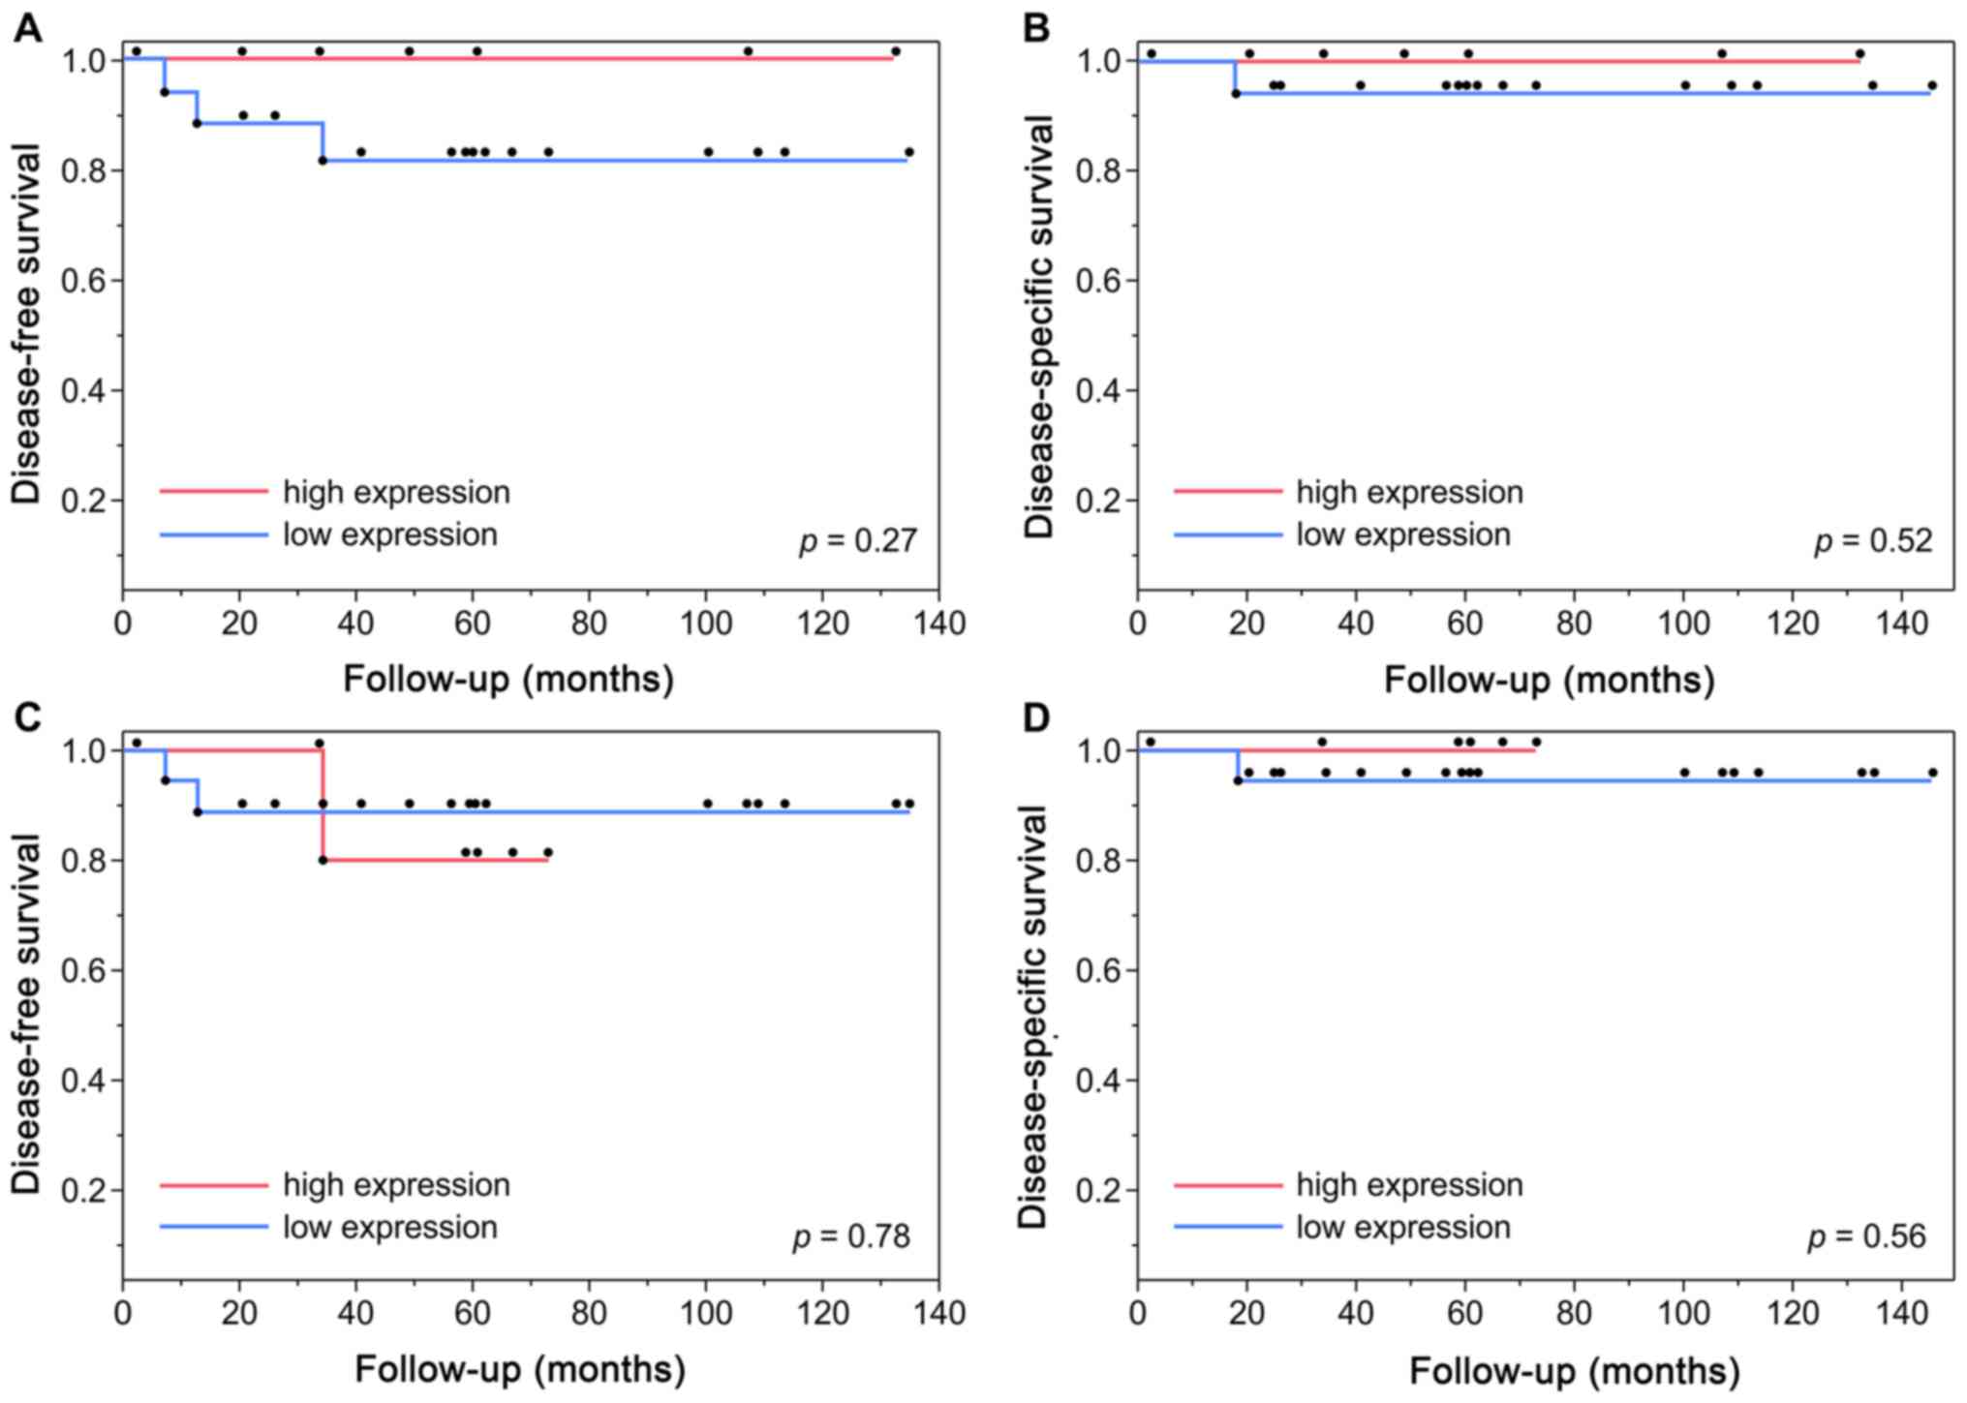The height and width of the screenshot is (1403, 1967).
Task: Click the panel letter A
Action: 28,28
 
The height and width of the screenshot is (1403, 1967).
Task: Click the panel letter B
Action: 1036,28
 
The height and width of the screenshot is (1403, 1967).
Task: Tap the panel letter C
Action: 28,717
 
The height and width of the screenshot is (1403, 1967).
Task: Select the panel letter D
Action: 1036,717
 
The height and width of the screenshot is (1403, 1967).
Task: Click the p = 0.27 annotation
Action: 858,540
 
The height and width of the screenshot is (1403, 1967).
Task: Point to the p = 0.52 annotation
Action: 1873,540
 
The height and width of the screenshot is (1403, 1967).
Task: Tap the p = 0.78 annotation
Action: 852,1236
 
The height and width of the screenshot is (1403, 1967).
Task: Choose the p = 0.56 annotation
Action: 1867,1236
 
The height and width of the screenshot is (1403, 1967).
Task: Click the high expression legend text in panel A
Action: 396,492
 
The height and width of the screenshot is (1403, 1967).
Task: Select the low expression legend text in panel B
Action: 1403,534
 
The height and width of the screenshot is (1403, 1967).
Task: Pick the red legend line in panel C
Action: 213,1185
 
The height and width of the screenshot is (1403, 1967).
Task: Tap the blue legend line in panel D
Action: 1228,1227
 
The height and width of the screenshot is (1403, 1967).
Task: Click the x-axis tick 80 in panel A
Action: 589,623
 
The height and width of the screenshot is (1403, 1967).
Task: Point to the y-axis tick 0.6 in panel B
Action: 1101,281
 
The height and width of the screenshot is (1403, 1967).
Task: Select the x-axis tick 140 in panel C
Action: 938,1313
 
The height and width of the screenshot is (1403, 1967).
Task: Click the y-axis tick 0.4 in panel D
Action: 1101,1080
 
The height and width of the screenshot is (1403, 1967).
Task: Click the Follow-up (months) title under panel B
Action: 1549,680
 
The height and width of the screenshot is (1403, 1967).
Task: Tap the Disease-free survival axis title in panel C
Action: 27,1012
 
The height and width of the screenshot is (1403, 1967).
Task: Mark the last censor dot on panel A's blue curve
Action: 908,152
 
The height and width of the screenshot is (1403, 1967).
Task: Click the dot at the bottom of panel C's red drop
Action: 323,860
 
